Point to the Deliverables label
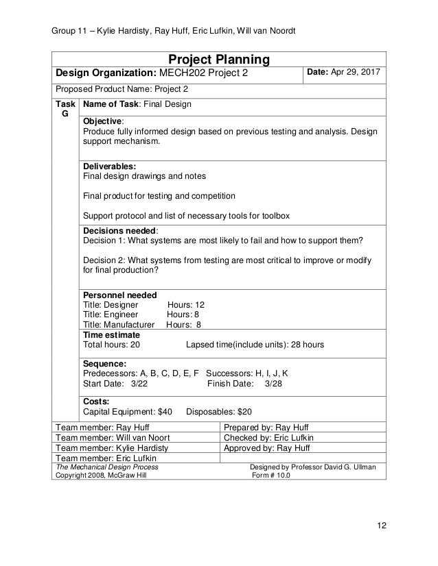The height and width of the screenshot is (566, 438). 109,166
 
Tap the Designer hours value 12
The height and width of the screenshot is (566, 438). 200,305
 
